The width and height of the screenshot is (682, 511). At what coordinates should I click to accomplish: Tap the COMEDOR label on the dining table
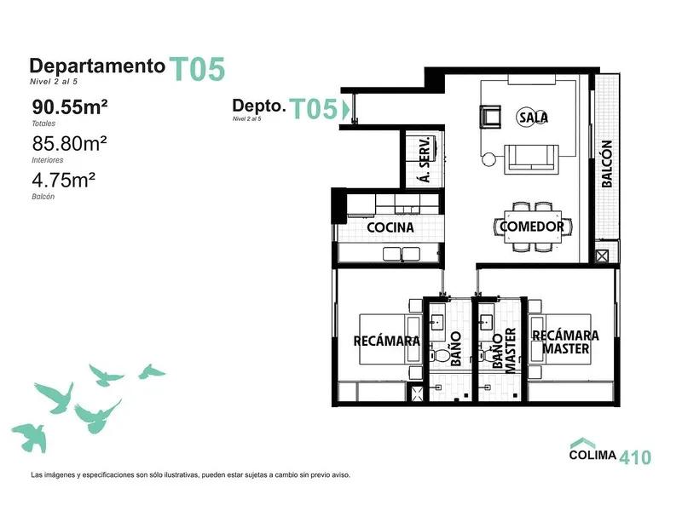532,227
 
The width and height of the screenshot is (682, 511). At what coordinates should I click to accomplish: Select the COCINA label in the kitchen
390,227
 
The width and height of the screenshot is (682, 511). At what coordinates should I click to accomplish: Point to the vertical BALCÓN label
607,164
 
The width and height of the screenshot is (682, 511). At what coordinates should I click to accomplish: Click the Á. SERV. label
425,159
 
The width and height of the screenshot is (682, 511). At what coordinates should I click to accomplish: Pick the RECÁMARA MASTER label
565,342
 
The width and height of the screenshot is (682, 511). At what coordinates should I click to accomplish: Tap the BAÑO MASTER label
504,351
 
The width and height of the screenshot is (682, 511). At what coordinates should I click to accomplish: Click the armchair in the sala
490,117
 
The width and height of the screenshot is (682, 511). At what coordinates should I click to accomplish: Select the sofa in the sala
531,159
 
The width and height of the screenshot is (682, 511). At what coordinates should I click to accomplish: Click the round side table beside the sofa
488,159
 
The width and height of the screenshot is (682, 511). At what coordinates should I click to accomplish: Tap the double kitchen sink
401,254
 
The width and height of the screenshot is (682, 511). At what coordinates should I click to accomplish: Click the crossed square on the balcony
602,256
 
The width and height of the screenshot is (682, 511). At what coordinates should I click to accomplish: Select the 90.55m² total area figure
70,107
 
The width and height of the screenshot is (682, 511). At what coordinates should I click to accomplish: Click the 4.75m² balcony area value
63,181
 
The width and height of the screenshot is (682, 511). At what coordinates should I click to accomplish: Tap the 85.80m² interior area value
70,143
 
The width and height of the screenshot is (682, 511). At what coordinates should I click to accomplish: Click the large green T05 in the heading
197,70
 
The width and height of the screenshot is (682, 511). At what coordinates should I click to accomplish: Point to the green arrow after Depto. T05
346,109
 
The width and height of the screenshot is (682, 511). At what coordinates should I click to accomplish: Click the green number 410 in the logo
635,457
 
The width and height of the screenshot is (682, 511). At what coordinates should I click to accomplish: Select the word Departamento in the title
97,66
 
